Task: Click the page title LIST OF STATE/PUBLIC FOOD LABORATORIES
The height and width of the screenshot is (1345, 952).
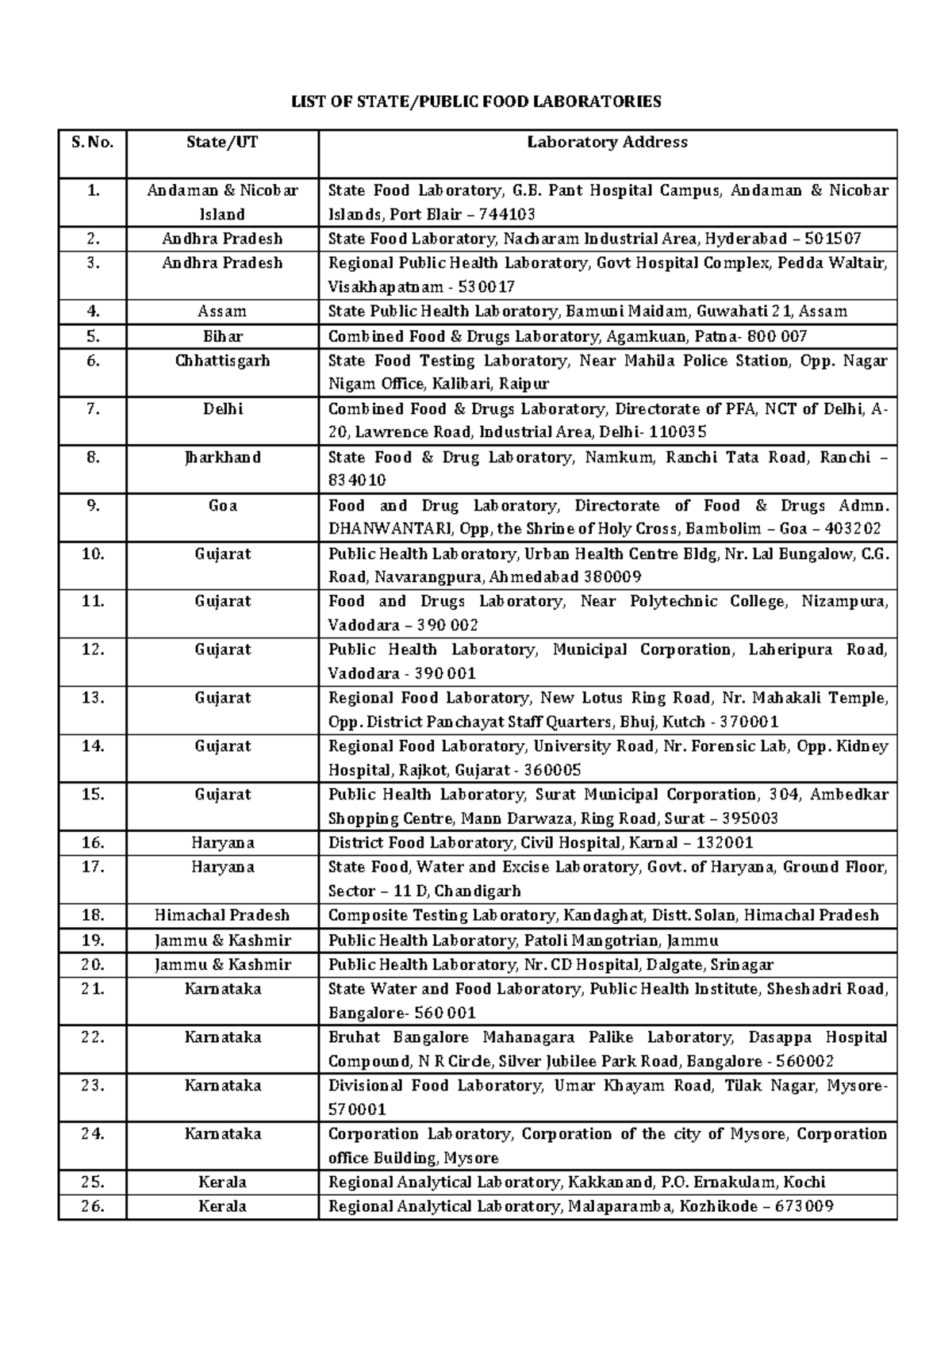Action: pos(476,102)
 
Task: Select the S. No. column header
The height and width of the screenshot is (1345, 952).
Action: pos(92,143)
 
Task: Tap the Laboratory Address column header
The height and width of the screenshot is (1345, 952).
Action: pos(607,143)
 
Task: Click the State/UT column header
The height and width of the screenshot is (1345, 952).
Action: pos(222,143)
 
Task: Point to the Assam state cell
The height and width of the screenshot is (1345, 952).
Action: pos(222,312)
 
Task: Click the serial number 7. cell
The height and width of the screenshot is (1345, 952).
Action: pos(92,409)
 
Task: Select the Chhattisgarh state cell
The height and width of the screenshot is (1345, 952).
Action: pos(222,361)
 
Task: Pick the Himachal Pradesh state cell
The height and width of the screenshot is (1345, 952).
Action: pos(222,915)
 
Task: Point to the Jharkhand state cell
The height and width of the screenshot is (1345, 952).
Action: pos(222,458)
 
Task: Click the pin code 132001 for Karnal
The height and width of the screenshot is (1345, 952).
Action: pos(722,843)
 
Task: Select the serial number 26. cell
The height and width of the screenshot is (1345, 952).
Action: pos(92,1206)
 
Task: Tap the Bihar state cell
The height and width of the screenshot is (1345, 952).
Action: pos(222,336)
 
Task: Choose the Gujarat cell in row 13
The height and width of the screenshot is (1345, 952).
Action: pos(222,698)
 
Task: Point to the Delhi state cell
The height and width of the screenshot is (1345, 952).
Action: pos(222,409)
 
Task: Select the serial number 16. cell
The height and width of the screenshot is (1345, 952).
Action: pos(92,843)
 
